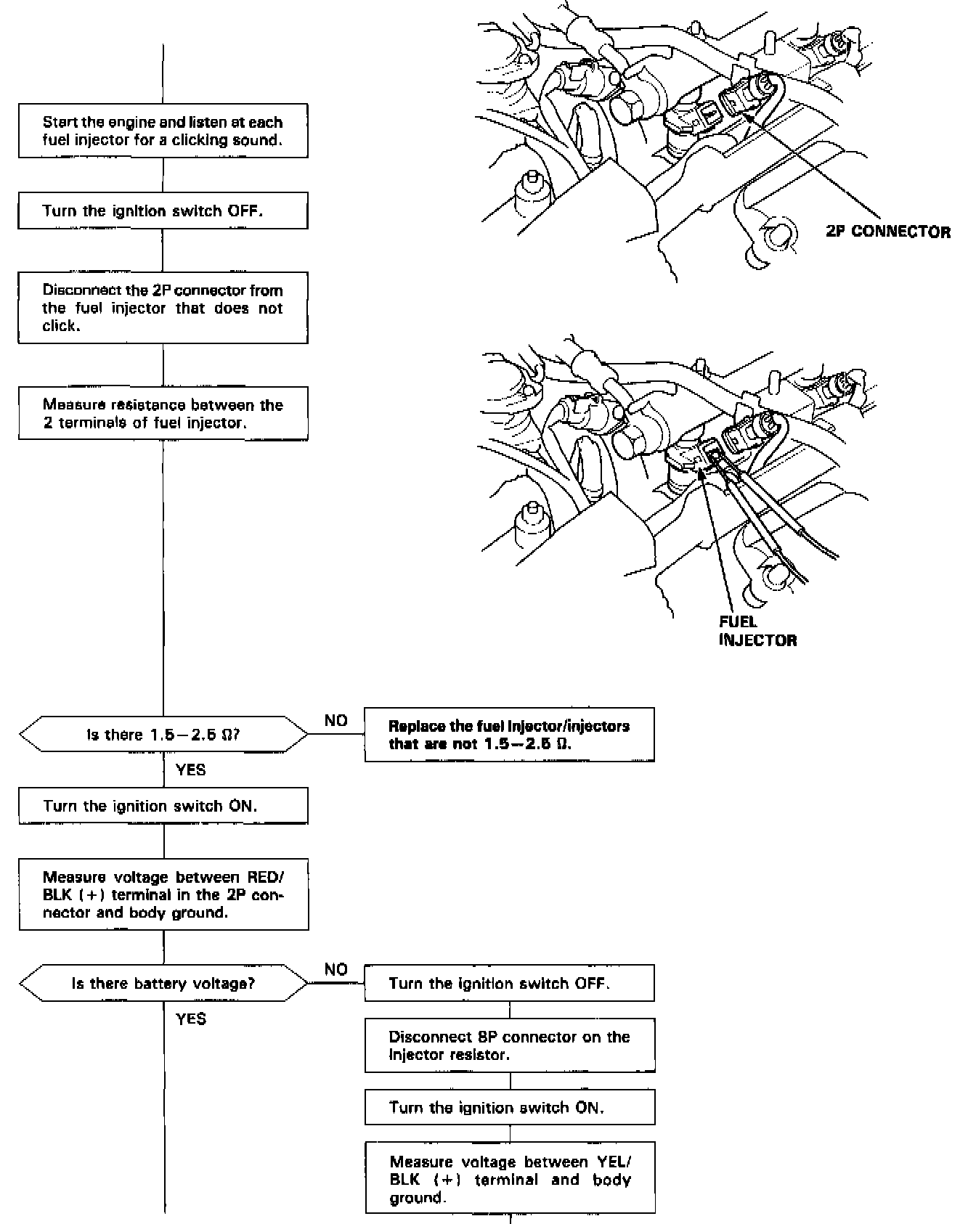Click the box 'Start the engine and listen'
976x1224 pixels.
click(x=163, y=131)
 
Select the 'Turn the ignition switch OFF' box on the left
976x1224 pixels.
click(x=163, y=211)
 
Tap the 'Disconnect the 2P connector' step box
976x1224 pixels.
click(x=163, y=308)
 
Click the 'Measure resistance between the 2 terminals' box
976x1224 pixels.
click(x=163, y=414)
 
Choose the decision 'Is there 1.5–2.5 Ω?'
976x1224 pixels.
click(x=163, y=735)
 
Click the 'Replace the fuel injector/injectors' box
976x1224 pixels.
click(x=509, y=735)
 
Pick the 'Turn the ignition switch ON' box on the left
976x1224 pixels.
click(x=163, y=806)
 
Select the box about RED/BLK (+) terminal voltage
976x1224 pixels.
click(x=163, y=894)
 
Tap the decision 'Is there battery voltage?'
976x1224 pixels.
click(x=163, y=984)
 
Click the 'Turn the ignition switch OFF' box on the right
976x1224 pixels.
click(x=509, y=984)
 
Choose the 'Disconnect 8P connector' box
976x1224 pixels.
click(x=509, y=1045)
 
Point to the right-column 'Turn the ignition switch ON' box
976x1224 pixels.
click(x=509, y=1107)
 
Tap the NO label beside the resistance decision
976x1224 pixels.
click(x=336, y=721)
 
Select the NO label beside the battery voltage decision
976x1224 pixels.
click(x=336, y=970)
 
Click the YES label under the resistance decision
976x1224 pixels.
click(x=191, y=770)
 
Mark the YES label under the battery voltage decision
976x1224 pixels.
click(x=191, y=1019)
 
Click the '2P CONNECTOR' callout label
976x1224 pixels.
click(x=887, y=232)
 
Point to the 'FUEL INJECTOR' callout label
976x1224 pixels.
click(x=757, y=631)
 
